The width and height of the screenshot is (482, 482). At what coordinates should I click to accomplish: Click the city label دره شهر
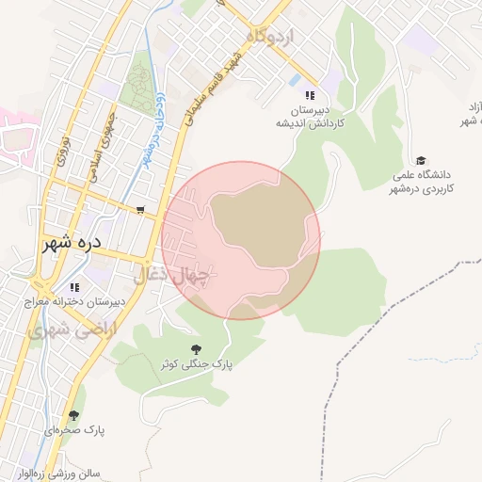click(71, 243)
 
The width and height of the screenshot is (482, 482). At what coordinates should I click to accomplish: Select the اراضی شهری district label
click(63, 331)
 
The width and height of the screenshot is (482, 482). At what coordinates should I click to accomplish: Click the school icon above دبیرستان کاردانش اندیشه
click(309, 96)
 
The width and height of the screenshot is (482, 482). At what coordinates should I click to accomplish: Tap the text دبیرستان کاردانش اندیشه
click(313, 116)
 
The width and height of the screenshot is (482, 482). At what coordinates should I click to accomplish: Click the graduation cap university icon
click(421, 160)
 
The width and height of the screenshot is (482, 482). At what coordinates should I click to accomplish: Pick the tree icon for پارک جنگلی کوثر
click(196, 348)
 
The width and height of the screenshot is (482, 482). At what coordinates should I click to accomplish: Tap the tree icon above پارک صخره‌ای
click(73, 414)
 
